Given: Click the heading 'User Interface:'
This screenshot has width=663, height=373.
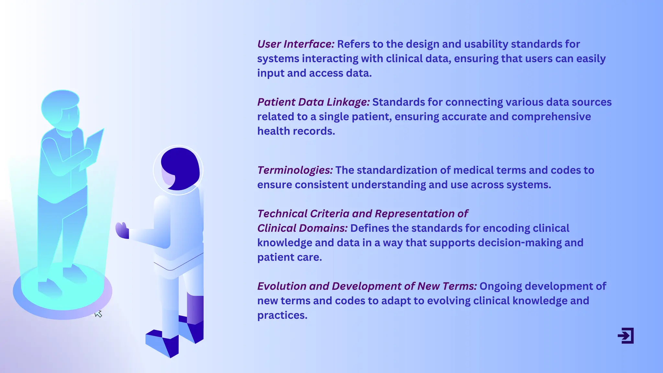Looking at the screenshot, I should pyautogui.click(x=296, y=44).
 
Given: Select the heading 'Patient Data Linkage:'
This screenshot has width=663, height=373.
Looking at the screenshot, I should pyautogui.click(x=313, y=102).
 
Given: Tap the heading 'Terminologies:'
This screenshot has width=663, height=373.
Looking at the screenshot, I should pyautogui.click(x=295, y=170).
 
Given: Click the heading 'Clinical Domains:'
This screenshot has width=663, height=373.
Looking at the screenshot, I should pyautogui.click(x=302, y=228).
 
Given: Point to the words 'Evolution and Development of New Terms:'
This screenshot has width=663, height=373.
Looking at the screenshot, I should pyautogui.click(x=366, y=286).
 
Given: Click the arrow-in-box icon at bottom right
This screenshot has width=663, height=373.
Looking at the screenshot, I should pyautogui.click(x=626, y=336).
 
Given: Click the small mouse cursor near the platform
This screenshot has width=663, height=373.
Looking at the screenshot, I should pyautogui.click(x=98, y=314).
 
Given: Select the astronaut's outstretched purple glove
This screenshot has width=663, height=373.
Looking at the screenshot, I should pyautogui.click(x=122, y=231).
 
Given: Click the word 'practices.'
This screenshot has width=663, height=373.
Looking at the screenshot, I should pyautogui.click(x=282, y=315).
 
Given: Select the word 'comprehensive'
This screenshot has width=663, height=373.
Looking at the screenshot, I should pyautogui.click(x=551, y=117).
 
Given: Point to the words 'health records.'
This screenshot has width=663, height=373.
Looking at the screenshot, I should pyautogui.click(x=296, y=131).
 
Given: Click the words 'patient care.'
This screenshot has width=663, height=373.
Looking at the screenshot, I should pyautogui.click(x=289, y=257).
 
